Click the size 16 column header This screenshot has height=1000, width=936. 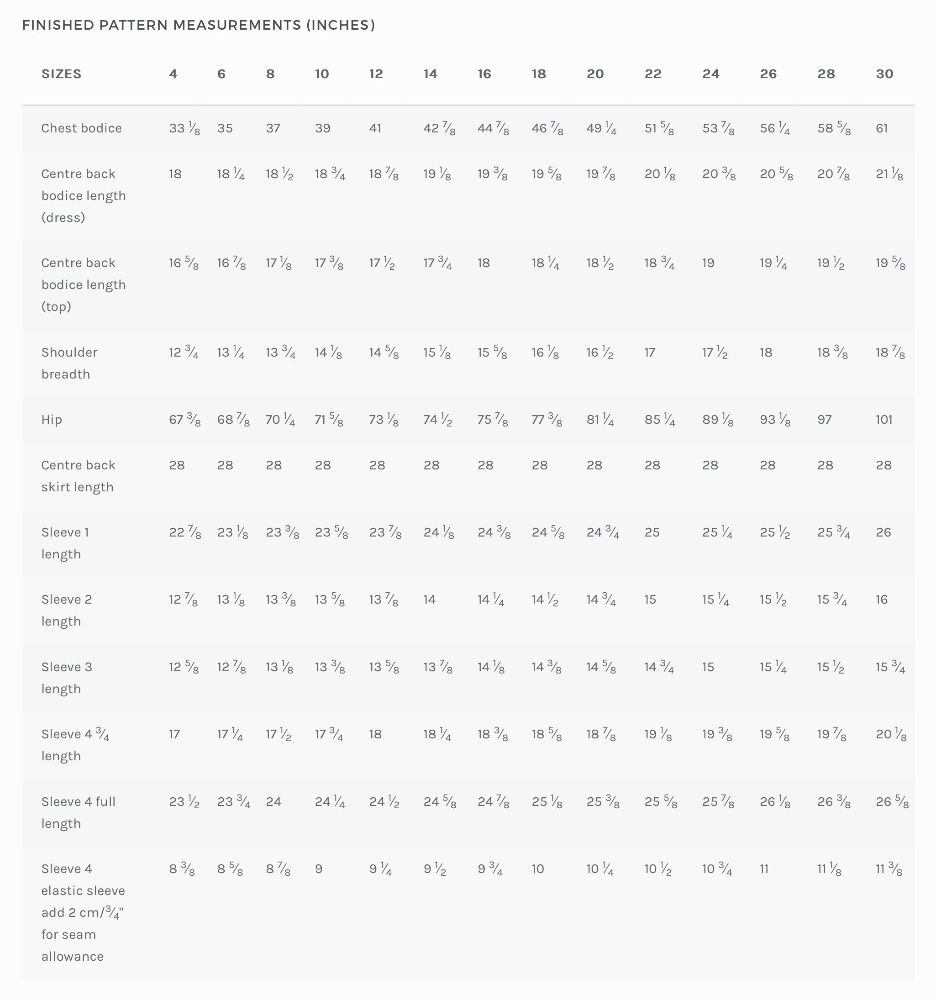click(x=484, y=74)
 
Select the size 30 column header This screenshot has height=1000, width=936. click(x=884, y=74)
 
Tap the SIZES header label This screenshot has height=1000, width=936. click(x=61, y=74)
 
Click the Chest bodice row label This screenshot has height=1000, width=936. click(x=81, y=128)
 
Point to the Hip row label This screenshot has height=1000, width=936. click(x=52, y=420)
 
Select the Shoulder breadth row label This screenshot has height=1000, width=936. click(x=69, y=363)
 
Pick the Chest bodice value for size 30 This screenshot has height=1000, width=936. click(x=882, y=128)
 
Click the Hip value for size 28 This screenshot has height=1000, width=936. click(x=824, y=420)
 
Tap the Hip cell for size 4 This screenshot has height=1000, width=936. click(x=184, y=420)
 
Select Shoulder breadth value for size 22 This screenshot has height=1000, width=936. click(x=650, y=353)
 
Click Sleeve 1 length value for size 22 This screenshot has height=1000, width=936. click(x=652, y=532)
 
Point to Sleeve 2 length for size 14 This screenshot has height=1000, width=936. click(x=429, y=600)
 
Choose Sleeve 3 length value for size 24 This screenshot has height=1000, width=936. click(x=708, y=667)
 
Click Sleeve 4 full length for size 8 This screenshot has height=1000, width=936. click(x=273, y=801)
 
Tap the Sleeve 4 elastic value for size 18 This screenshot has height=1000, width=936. click(x=538, y=868)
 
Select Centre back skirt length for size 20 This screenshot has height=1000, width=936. click(x=594, y=465)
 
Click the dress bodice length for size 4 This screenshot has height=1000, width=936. click(x=175, y=174)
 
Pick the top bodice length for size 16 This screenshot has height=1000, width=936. click(x=484, y=263)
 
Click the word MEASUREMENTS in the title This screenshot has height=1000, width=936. click(x=237, y=25)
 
